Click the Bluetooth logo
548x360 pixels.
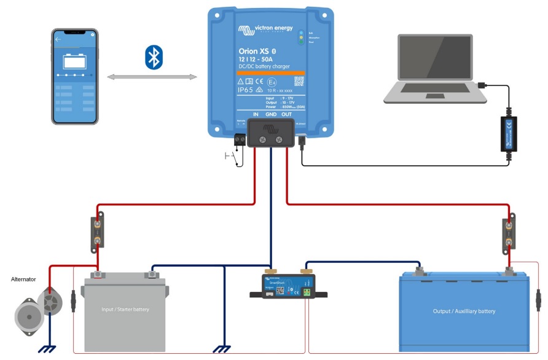tap(153, 57)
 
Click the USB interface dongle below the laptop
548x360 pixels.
tap(509, 133)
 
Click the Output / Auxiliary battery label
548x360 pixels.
tap(464, 311)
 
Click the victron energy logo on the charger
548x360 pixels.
tap(264, 29)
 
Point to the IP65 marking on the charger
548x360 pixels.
tap(249, 90)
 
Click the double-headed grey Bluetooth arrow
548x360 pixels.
tap(152, 77)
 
